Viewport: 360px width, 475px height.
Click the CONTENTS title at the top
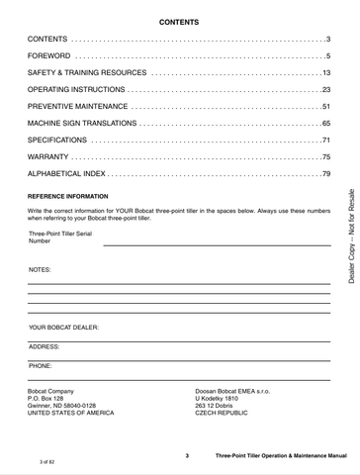click(x=179, y=21)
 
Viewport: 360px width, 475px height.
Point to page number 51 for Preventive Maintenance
click(x=324, y=106)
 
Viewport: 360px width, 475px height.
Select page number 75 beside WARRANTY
click(x=324, y=157)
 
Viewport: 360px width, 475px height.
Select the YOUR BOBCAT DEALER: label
click(x=63, y=326)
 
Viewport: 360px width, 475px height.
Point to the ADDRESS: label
click(x=45, y=346)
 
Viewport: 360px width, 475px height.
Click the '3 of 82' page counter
click(x=47, y=461)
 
